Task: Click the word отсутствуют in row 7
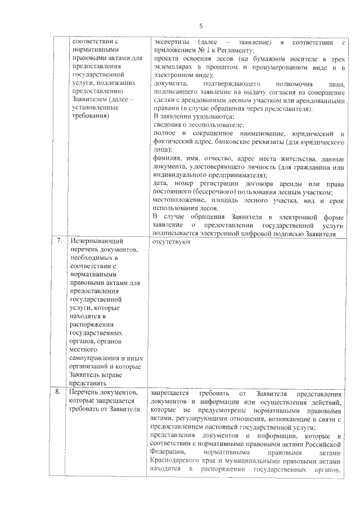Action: (172, 242)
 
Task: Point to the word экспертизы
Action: (172, 43)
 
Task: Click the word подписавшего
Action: (177, 92)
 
